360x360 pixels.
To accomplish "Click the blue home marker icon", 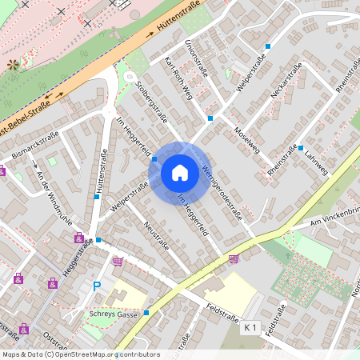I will tap(180, 172).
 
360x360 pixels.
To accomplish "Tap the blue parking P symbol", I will tap(98, 286).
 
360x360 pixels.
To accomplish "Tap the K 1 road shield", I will tap(251, 327).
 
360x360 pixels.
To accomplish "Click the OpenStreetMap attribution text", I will tap(80, 354).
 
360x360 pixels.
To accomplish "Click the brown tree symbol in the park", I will tap(12, 65).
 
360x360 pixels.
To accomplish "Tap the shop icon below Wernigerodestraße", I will tap(234, 258).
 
